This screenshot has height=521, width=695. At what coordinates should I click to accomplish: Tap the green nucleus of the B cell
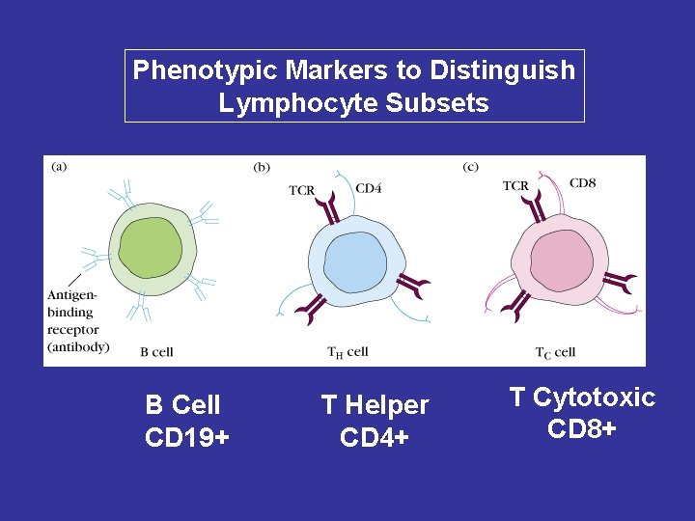pos(149,247)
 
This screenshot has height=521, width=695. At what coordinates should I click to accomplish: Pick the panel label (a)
pos(59,166)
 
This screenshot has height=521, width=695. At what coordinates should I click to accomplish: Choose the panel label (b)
pos(262,167)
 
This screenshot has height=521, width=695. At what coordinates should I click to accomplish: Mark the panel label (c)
pos(470,167)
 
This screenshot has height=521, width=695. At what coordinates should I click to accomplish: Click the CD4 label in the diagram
pos(369,188)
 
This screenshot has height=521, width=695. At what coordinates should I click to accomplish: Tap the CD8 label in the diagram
pos(582,183)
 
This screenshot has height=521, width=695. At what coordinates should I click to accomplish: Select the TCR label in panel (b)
pos(302,190)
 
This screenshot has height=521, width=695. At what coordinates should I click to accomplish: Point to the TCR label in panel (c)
pos(515,185)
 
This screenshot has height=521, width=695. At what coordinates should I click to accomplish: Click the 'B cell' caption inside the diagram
pos(156,352)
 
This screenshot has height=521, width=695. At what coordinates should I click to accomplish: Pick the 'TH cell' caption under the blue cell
pos(347,352)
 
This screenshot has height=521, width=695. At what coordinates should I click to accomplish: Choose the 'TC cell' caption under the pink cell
pos(555,352)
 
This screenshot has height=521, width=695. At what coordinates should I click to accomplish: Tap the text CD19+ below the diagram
pos(186,438)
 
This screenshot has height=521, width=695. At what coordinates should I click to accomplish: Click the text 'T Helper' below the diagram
pos(375,406)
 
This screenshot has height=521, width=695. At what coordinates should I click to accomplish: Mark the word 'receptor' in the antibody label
pos(69,329)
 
